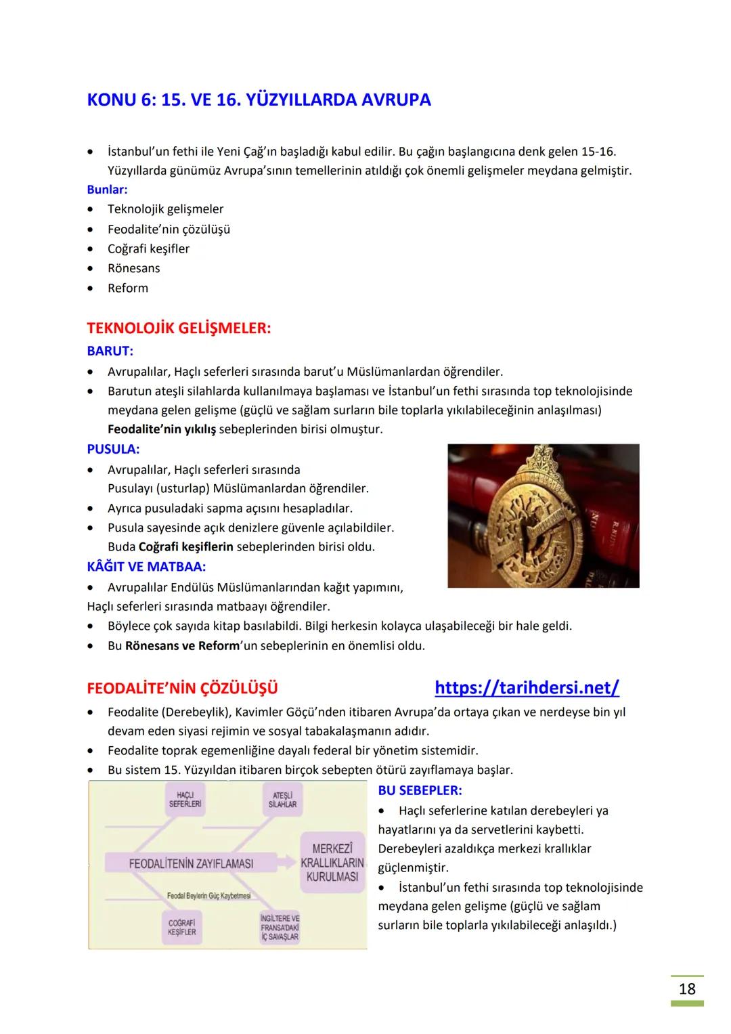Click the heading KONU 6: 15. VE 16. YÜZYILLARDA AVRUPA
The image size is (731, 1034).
pos(259,100)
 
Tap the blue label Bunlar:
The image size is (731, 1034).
pos(107,190)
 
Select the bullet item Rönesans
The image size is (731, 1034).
pos(133,268)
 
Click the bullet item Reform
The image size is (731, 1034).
pos(127,288)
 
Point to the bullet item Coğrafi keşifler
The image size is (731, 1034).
pos(148,249)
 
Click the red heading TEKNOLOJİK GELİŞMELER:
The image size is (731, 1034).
pos(179,328)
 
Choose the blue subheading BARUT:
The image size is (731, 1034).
pos(110,351)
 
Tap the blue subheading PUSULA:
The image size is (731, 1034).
pos(113,449)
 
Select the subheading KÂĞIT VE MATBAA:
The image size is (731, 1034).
pos(146,566)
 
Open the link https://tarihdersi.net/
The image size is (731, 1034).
pos(527,688)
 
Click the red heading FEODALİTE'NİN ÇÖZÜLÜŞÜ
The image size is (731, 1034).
pos(182,689)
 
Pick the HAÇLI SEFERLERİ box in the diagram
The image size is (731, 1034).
pos(185,798)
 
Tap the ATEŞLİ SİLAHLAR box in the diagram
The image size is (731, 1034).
pos(282,799)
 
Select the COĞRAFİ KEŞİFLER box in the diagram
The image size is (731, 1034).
pos(181,927)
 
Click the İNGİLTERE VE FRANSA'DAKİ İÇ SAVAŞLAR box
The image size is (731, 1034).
pos(280,928)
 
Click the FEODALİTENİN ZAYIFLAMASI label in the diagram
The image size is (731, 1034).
pos(191,864)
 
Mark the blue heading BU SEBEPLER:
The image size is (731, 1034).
pos(420,790)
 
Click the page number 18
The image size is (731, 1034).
pos(687,989)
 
